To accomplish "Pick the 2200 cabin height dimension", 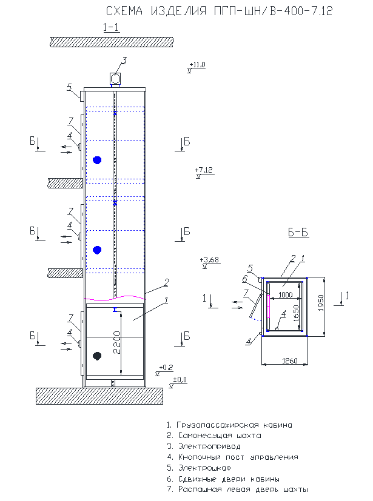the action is coord(117,342).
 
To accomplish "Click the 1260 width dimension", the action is coord(290,361).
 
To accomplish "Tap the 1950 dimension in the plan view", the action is coord(321,303).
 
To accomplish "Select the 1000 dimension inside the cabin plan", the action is coord(285,295).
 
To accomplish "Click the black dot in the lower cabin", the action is coord(97,356).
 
